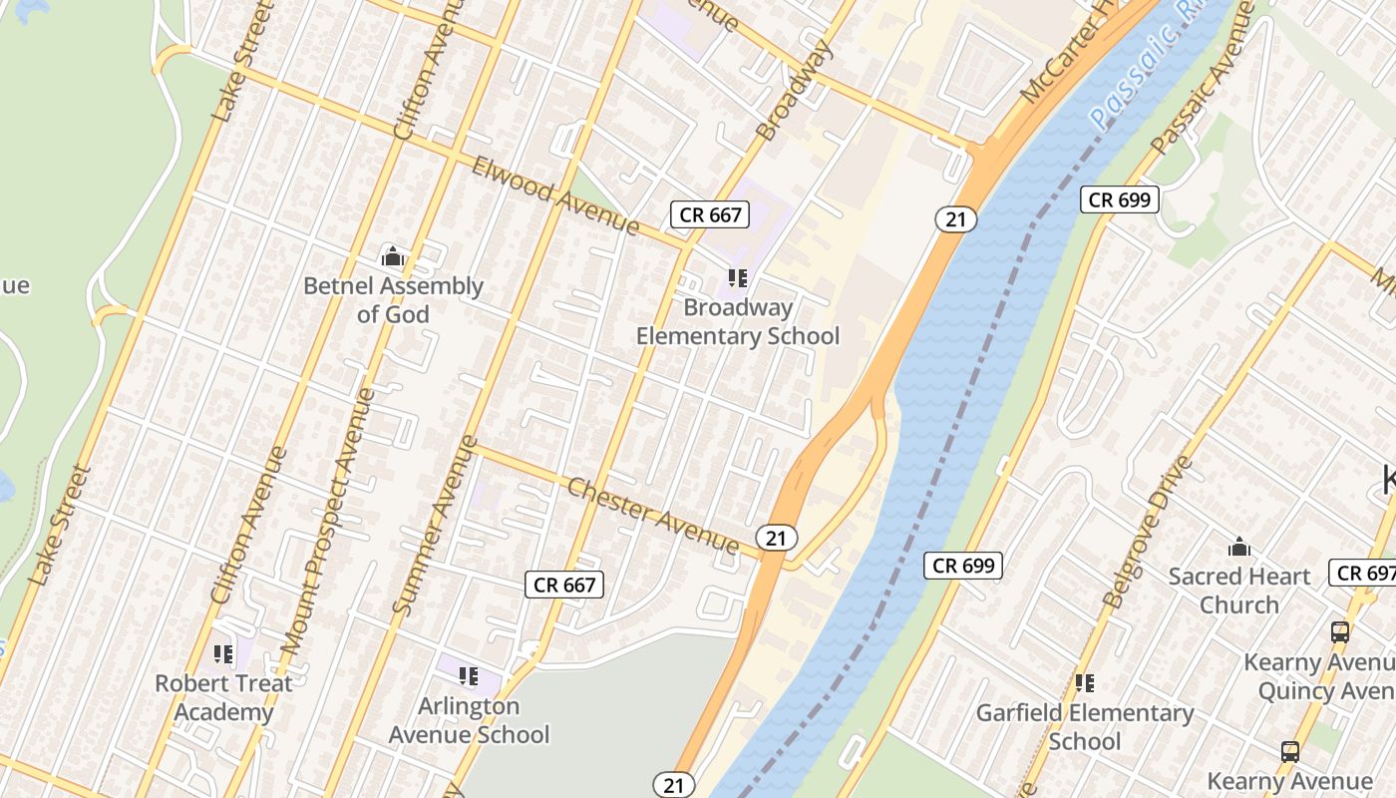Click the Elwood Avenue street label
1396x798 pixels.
point(554,195)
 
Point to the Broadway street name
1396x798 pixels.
point(794,91)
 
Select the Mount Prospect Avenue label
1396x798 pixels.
point(328,522)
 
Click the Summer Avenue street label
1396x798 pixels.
point(436,525)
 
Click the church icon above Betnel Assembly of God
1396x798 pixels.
point(392,257)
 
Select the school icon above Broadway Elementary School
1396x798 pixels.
point(738,278)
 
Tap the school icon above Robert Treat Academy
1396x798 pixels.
point(223,654)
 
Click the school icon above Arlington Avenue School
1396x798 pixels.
point(469,676)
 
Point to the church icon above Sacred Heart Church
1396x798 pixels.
point(1239,547)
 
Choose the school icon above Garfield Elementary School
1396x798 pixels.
point(1085,683)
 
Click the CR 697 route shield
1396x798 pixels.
point(1363,573)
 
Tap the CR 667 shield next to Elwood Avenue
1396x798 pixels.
point(710,214)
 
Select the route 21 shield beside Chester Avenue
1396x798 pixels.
point(776,539)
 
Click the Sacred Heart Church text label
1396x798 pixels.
point(1239,591)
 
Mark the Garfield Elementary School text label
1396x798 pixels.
point(1085,727)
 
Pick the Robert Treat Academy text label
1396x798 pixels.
point(223,698)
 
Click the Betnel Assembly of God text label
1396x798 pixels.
point(393,300)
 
